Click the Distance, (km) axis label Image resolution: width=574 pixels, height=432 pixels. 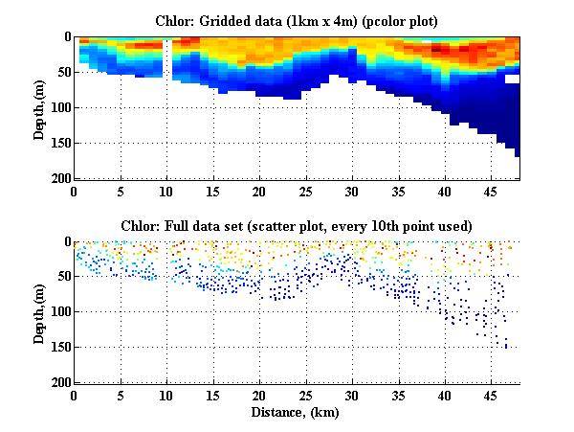[x=298, y=412]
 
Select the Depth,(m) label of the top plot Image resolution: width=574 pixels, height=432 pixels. [x=39, y=107]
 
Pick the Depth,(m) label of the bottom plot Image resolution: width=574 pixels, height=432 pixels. [x=39, y=312]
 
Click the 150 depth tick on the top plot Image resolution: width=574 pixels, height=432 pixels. [x=60, y=144]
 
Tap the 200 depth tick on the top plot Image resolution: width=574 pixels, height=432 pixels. [x=60, y=179]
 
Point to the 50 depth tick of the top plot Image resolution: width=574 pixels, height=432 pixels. [x=63, y=73]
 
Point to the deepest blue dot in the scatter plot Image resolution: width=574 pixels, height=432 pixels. [x=506, y=346]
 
